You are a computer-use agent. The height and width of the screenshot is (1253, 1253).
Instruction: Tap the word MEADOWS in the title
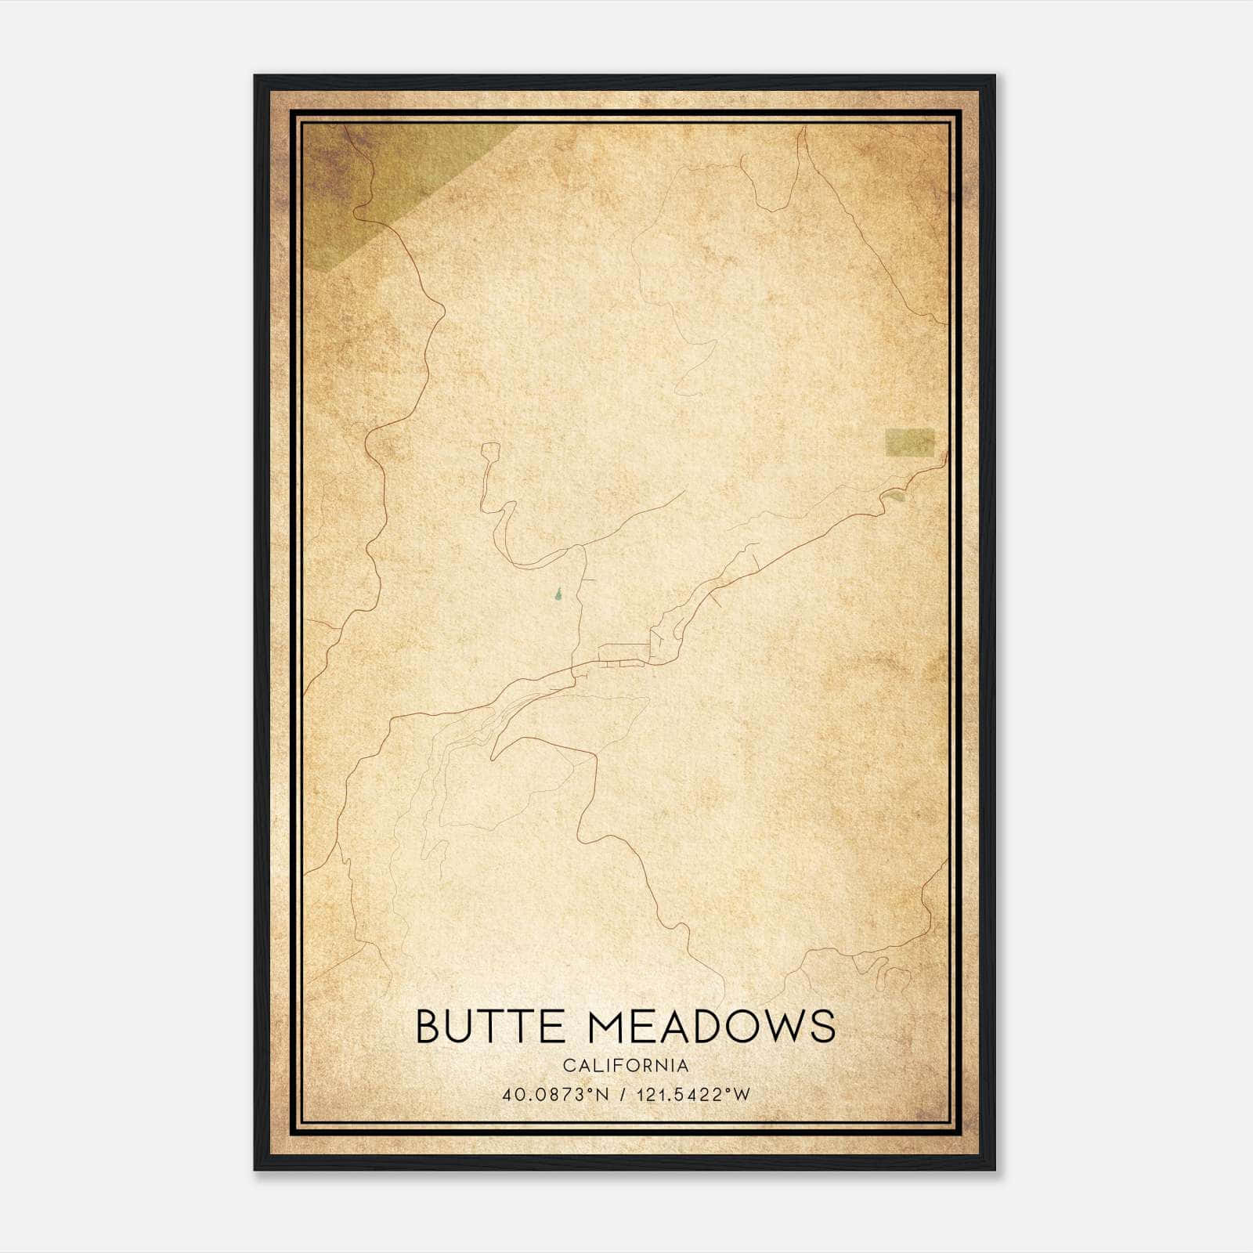(x=710, y=1026)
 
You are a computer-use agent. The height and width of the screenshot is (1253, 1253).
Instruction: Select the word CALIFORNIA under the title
(x=626, y=1066)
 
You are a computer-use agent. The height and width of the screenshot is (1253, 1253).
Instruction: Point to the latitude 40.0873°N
(x=556, y=1095)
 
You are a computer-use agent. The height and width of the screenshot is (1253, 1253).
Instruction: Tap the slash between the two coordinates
(x=622, y=1095)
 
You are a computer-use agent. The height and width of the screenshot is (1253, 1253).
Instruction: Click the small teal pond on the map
(x=558, y=597)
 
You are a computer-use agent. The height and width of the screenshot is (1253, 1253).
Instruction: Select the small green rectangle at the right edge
(x=909, y=442)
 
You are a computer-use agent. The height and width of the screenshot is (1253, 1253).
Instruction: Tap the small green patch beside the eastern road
(x=897, y=496)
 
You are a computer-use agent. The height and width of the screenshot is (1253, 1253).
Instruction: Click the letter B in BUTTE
(x=429, y=1026)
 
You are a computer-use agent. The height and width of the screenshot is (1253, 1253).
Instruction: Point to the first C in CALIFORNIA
(x=568, y=1066)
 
